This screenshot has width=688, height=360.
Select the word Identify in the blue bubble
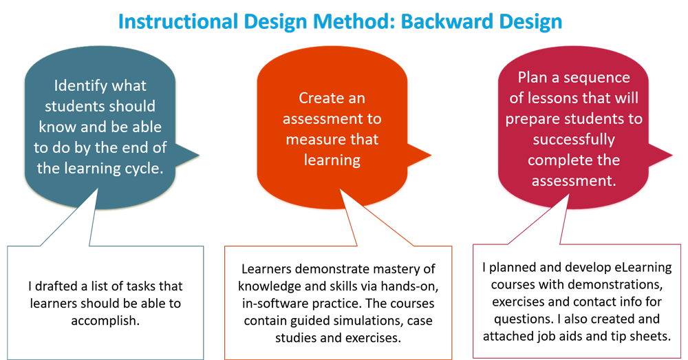click(x=79, y=85)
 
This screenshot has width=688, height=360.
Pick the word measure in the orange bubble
click(x=312, y=140)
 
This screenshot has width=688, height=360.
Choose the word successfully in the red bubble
click(x=574, y=140)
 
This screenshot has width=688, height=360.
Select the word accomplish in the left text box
click(x=105, y=321)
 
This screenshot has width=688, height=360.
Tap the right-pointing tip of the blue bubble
click(x=200, y=155)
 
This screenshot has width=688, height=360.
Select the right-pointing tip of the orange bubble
click(x=431, y=155)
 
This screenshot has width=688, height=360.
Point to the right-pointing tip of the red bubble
click(x=672, y=155)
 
